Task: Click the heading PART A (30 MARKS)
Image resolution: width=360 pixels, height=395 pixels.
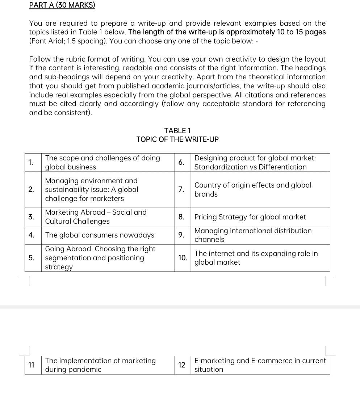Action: tap(62, 5)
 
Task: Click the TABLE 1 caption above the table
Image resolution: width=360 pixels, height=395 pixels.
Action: tap(177, 130)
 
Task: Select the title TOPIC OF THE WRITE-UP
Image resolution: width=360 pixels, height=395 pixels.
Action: tap(177, 139)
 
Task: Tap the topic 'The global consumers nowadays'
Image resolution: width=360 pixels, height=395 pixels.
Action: tap(100, 235)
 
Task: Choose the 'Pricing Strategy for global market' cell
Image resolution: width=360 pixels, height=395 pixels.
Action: tap(250, 217)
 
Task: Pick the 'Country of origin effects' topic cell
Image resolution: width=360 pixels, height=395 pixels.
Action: tap(253, 189)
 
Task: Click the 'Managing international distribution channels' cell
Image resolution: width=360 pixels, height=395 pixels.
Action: tap(253, 235)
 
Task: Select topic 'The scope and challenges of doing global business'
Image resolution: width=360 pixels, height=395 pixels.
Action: tap(102, 163)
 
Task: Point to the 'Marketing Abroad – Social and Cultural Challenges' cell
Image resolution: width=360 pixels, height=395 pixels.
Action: tap(96, 217)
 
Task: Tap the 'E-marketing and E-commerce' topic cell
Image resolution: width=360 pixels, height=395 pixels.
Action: tap(260, 365)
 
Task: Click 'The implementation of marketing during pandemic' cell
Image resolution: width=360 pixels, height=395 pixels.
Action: tap(101, 365)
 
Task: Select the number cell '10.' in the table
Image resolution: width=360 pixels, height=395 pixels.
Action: tap(183, 258)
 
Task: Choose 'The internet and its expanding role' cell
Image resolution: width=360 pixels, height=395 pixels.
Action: tap(256, 258)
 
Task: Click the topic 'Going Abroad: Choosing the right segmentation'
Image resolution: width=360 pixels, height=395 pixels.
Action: tap(100, 258)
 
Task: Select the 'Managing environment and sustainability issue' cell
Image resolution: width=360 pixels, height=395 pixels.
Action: tap(92, 189)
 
